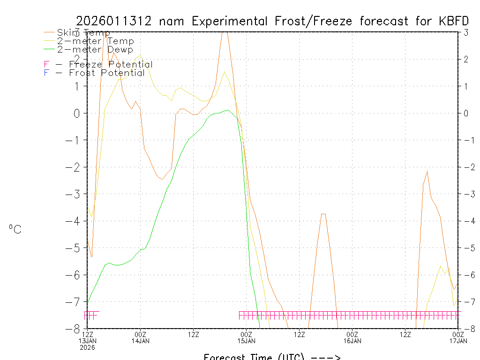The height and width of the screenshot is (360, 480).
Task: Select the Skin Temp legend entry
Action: point(83,33)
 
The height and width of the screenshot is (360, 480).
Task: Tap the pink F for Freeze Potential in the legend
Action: point(46,65)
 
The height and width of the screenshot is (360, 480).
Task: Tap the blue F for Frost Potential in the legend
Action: point(46,73)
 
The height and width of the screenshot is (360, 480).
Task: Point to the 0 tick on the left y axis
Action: point(77,113)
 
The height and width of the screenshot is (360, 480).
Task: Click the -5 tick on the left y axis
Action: point(75,248)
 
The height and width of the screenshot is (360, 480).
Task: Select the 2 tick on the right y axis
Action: point(466,59)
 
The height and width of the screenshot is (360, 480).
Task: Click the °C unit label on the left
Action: point(15,229)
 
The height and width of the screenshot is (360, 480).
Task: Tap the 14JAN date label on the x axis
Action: point(141,341)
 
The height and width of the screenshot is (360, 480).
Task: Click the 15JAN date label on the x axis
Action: point(247,341)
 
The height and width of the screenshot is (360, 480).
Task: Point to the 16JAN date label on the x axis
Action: point(352,341)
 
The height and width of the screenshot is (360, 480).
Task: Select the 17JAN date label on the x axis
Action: point(458,341)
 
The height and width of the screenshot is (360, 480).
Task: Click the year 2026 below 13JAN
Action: point(88,347)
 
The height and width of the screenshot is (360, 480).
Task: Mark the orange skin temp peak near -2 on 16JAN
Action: point(427,172)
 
